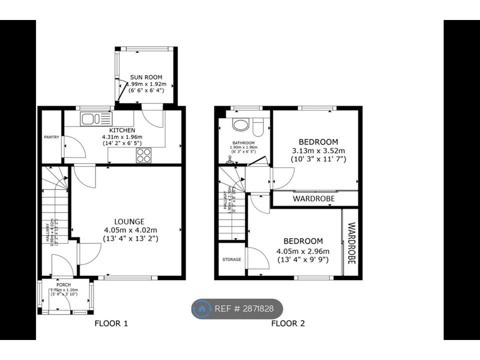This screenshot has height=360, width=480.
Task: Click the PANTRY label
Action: tap(51, 136)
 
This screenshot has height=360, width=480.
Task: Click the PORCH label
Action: tap(63, 285)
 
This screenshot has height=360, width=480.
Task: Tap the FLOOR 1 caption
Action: tap(111, 323)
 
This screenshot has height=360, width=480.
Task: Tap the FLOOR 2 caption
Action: tap(288, 323)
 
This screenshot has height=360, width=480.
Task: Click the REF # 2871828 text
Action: tap(244, 308)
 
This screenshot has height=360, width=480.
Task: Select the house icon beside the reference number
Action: tap(202, 309)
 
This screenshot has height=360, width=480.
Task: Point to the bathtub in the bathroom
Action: tap(241, 124)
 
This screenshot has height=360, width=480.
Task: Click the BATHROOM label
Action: tap(243, 142)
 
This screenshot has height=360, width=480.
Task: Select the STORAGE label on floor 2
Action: tap(231, 259)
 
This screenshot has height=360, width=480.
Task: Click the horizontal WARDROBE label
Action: tap(314, 198)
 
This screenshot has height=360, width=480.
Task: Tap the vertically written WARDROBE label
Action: tap(350, 243)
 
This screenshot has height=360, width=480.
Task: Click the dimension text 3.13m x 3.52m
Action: tap(318, 150)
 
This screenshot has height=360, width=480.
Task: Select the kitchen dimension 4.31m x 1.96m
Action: tap(122, 137)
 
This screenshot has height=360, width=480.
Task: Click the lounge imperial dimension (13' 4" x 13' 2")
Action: tap(131, 238)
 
